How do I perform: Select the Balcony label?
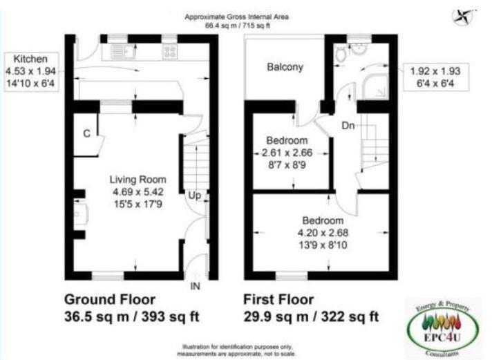point(285,68)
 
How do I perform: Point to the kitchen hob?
point(170,51)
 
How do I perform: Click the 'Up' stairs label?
point(195,196)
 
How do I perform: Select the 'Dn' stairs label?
point(349,125)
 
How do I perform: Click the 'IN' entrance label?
point(196,285)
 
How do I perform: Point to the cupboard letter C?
point(87,133)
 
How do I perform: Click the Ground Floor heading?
point(110,299)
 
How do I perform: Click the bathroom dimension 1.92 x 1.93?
point(439,70)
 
